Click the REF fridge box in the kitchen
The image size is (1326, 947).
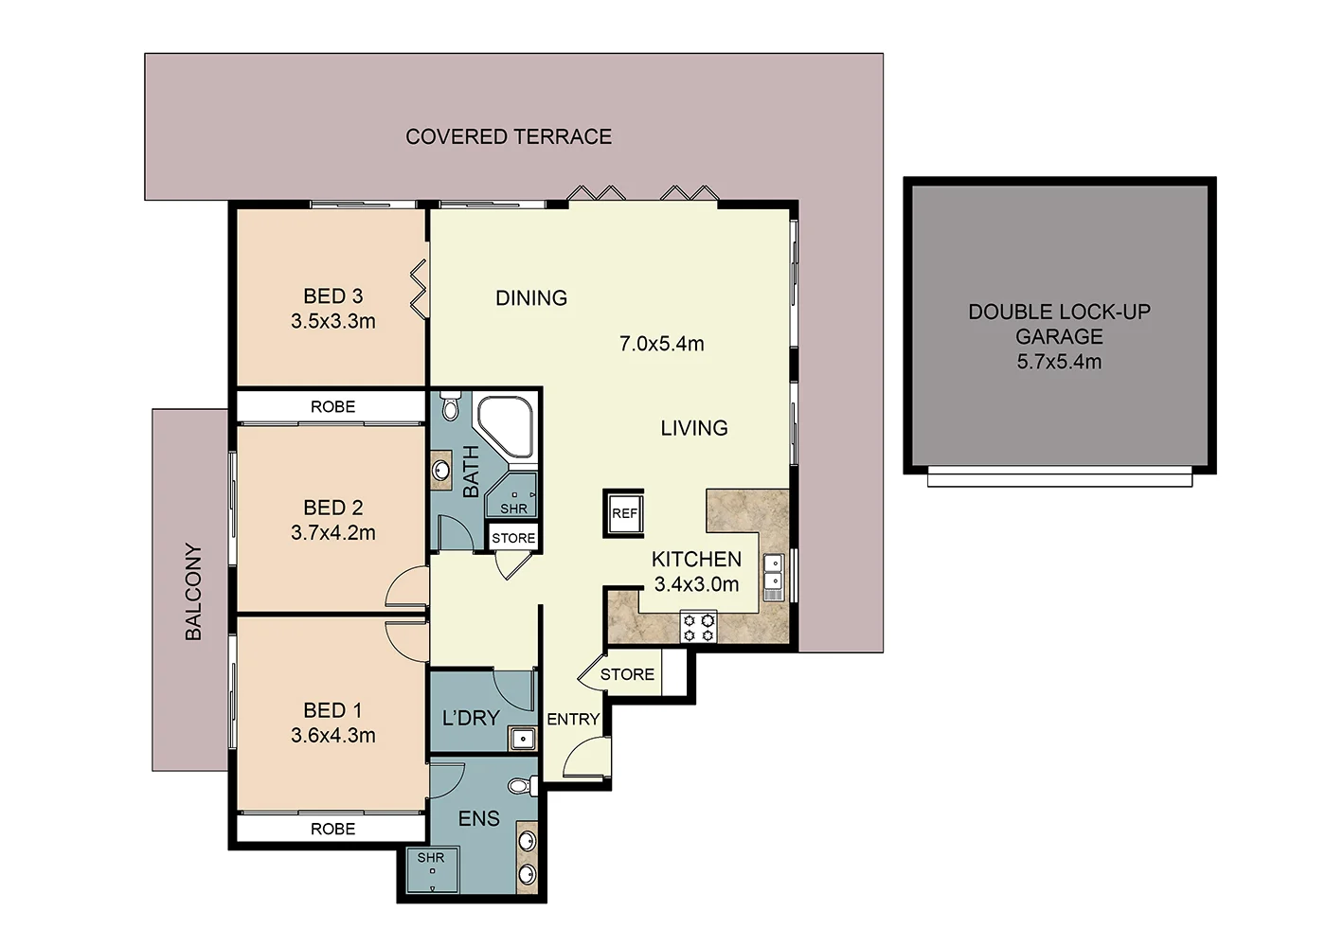[x=624, y=513]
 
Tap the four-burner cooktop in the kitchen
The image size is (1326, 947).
[x=698, y=628]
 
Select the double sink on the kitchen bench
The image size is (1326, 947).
[x=773, y=578]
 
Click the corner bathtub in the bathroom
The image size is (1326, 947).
[x=506, y=427]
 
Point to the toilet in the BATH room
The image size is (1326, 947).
[x=450, y=406]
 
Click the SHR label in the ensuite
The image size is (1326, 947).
[x=430, y=858]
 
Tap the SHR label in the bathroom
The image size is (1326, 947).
[x=513, y=509]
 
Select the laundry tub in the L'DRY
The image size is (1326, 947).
[x=521, y=737]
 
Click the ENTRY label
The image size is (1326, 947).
[x=573, y=719]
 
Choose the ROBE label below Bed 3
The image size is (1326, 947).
[x=332, y=406]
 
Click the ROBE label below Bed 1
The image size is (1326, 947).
[x=332, y=829]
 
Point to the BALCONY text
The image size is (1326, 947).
[x=193, y=592]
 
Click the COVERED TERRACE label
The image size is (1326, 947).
[x=509, y=136]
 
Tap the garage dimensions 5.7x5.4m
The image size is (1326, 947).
[x=1059, y=362]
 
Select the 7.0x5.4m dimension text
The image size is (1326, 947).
[x=661, y=344]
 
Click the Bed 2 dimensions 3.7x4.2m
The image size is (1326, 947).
[x=332, y=533]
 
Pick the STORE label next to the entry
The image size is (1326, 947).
[x=627, y=674]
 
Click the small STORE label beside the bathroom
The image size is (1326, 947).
[x=513, y=538]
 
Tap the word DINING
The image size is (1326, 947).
[x=531, y=298]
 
